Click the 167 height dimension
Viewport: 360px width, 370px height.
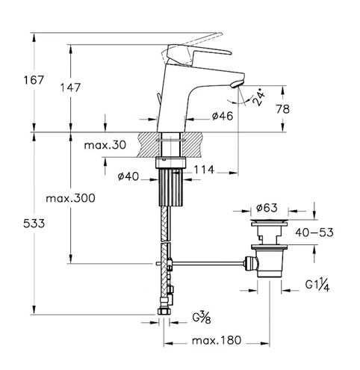[x=34, y=80]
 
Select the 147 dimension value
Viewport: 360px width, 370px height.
[x=70, y=87]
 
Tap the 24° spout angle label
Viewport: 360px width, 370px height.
[x=258, y=97]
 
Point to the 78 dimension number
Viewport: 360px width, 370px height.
[x=282, y=109]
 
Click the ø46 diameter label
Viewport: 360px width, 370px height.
[x=223, y=116]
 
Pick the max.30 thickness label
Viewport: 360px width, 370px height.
[x=105, y=145]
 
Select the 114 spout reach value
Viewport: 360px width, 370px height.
[x=204, y=170]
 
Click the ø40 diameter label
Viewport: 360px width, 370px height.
[x=128, y=176]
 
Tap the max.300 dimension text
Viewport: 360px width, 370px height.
[x=70, y=198]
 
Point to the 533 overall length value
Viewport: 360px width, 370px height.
[x=34, y=223]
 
